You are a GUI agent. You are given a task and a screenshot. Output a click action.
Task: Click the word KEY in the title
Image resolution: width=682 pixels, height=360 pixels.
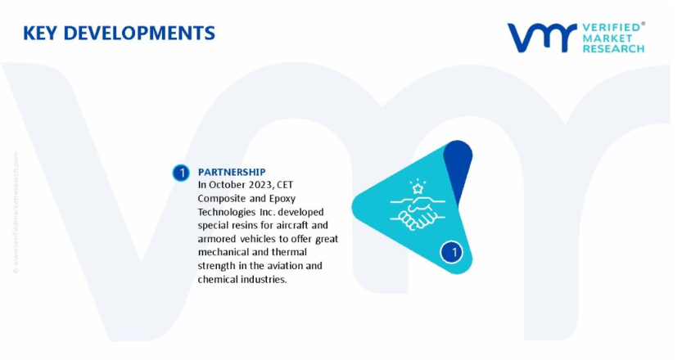40,34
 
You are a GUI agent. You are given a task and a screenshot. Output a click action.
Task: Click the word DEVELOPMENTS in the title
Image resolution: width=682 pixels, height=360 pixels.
139,34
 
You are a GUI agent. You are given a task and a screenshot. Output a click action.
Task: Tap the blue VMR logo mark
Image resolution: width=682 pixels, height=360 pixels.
542,38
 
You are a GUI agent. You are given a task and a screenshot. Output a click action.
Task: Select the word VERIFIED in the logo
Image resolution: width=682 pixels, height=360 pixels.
611,27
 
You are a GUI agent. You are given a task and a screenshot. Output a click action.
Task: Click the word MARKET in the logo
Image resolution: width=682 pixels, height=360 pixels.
607,38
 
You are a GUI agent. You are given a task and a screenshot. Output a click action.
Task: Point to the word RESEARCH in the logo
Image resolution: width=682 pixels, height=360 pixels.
613,49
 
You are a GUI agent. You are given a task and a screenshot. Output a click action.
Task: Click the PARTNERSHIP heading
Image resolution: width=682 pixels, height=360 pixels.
232,172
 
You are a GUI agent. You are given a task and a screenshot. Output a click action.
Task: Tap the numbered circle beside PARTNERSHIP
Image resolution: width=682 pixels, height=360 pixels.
181,173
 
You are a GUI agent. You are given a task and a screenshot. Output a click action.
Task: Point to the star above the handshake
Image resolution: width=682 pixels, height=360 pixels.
418,188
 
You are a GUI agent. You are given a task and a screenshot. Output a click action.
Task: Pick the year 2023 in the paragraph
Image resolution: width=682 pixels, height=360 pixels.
261,185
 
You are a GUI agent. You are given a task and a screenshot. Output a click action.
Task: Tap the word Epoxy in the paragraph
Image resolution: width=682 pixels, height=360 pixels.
282,199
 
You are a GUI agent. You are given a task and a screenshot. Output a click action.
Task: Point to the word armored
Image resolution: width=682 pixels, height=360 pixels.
218,239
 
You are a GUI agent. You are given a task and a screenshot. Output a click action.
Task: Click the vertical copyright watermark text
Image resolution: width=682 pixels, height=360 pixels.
16,213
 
